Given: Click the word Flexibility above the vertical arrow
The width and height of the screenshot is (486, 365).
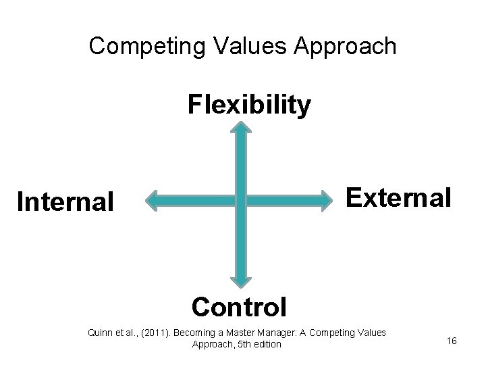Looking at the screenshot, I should [249, 105].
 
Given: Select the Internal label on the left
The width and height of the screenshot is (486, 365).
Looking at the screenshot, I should [65, 201].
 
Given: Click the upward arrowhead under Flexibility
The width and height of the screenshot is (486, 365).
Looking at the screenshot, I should [242, 128].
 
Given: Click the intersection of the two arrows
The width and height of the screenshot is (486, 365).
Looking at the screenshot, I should [242, 200].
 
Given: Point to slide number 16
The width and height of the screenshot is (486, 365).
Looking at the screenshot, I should [452, 340].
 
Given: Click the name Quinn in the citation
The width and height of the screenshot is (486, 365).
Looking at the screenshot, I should [100, 332].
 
